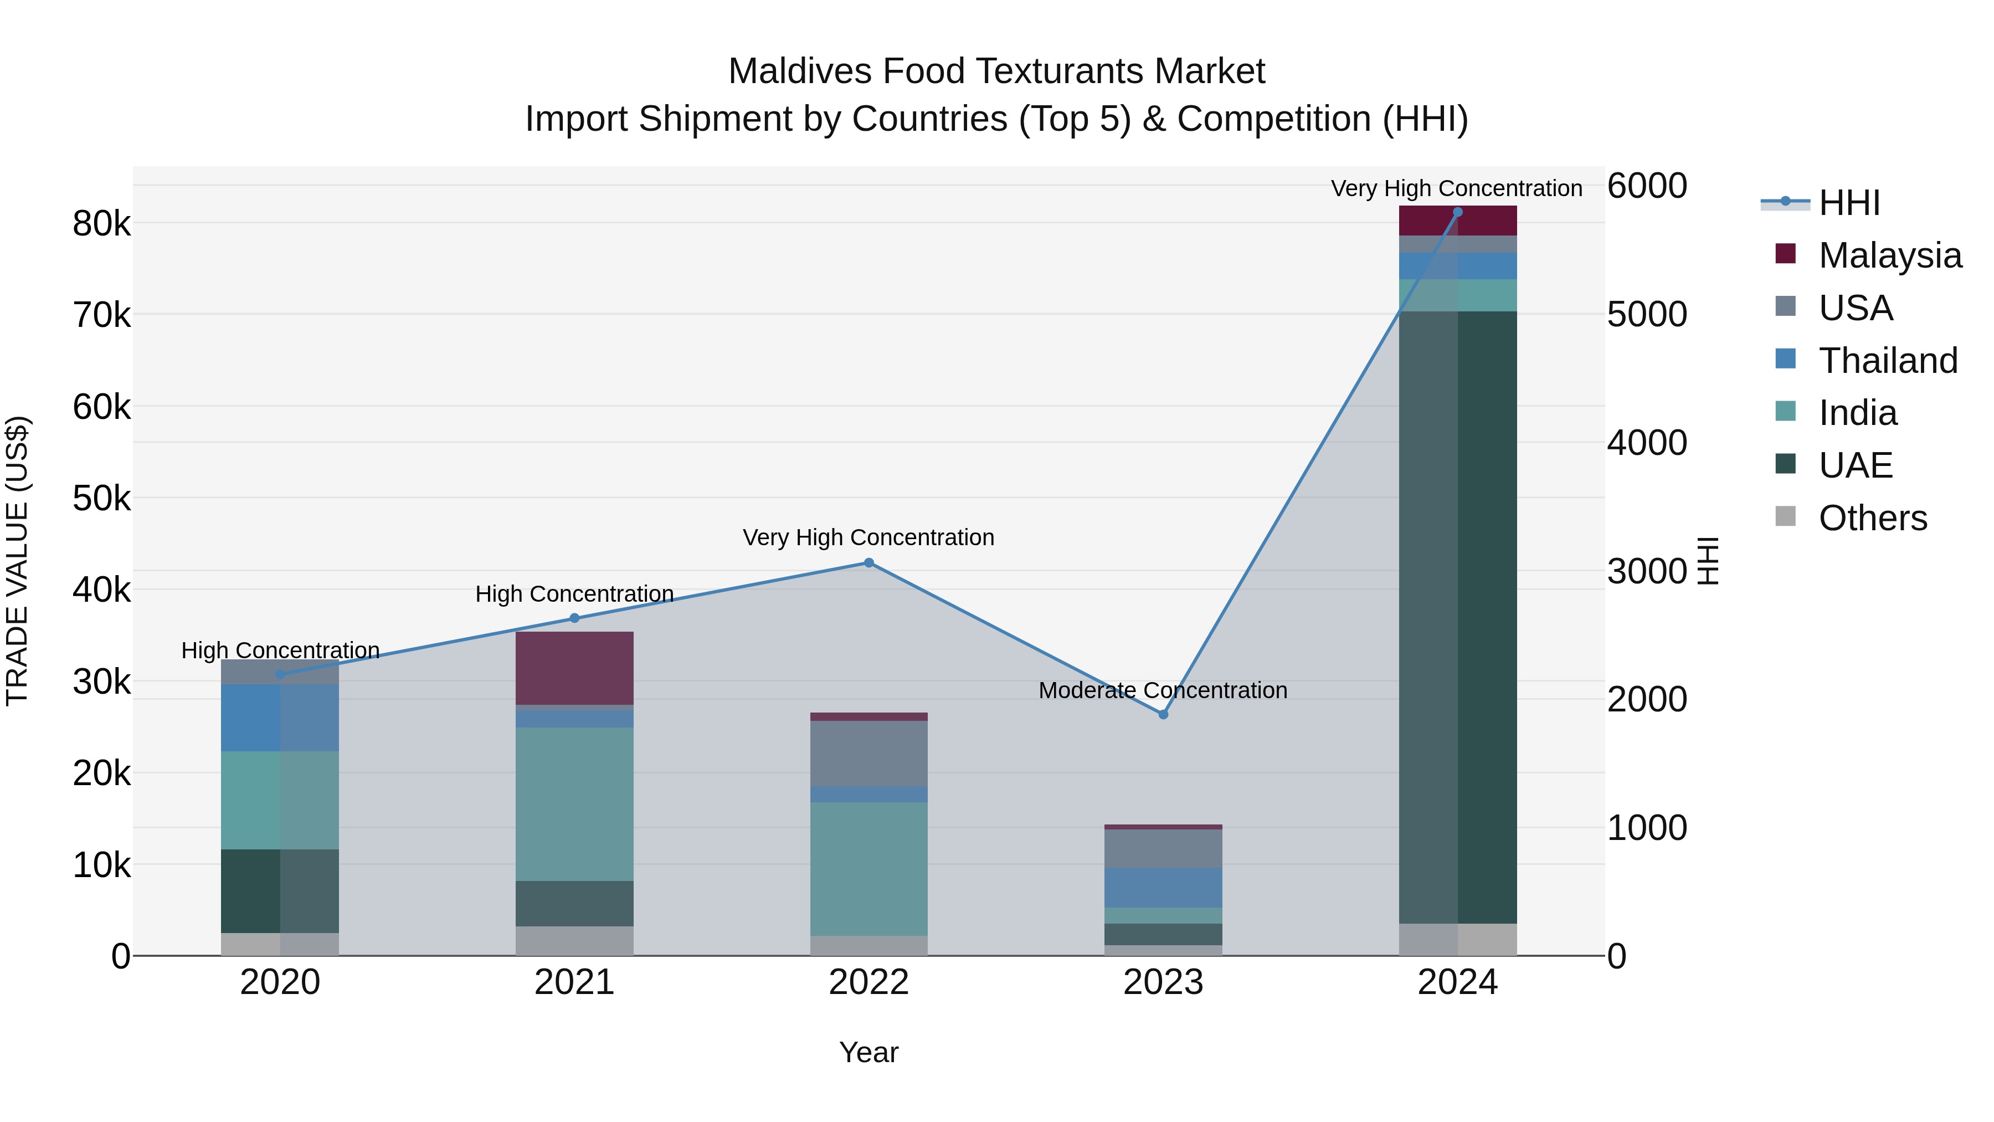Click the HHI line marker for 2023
coord(1163,714)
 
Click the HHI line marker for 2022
coord(868,563)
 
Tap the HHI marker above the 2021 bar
coord(574,618)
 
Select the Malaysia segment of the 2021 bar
coord(574,668)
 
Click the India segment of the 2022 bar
coord(868,868)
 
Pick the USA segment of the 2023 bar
coord(1163,848)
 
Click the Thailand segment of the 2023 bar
coord(1163,888)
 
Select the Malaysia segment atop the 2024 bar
coord(1458,221)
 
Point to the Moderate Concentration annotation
coord(1163,690)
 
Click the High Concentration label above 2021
coord(574,594)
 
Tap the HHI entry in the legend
coord(1848,203)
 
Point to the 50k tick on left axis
coord(101,499)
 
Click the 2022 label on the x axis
coord(868,982)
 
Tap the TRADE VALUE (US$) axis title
coord(17,561)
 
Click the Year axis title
coord(868,1052)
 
